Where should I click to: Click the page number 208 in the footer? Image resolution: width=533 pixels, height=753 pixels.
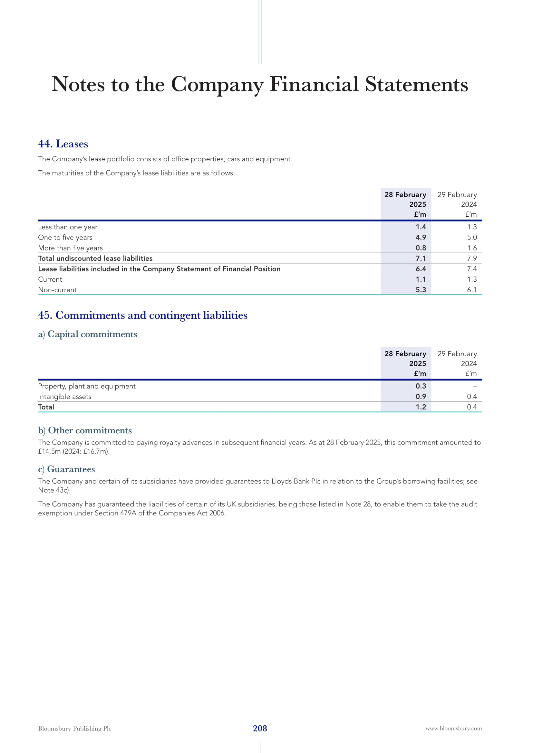(x=260, y=728)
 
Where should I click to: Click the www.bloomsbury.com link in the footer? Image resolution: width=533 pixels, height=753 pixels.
(x=454, y=729)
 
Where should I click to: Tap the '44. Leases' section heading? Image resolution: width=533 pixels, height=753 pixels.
(x=63, y=144)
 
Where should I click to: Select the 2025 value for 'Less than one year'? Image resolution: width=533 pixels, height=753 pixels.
(x=421, y=227)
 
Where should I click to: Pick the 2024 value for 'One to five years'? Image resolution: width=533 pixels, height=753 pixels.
(x=472, y=238)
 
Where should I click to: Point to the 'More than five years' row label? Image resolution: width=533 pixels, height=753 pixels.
(x=70, y=248)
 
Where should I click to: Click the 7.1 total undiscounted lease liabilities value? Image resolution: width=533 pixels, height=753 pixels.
(x=421, y=259)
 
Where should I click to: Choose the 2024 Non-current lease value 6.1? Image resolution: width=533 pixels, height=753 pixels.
(x=472, y=290)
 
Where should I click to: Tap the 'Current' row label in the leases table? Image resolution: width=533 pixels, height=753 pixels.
(x=50, y=279)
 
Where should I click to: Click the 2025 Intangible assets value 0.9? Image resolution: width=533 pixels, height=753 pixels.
(x=421, y=397)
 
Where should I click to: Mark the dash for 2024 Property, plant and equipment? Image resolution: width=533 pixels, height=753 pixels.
(x=475, y=386)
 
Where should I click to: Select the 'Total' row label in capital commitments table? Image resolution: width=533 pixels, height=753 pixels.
(x=46, y=407)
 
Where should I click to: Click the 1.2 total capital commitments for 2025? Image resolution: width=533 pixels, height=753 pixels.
(x=421, y=407)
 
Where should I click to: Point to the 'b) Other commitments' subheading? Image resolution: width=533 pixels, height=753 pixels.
(x=85, y=430)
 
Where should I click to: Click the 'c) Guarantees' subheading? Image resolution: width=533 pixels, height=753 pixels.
(x=67, y=469)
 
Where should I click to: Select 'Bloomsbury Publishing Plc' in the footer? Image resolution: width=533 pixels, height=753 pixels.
(x=75, y=729)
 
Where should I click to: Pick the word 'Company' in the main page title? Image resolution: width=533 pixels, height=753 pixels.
(x=217, y=85)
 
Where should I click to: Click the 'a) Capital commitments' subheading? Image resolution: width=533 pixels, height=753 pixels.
(x=88, y=334)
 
